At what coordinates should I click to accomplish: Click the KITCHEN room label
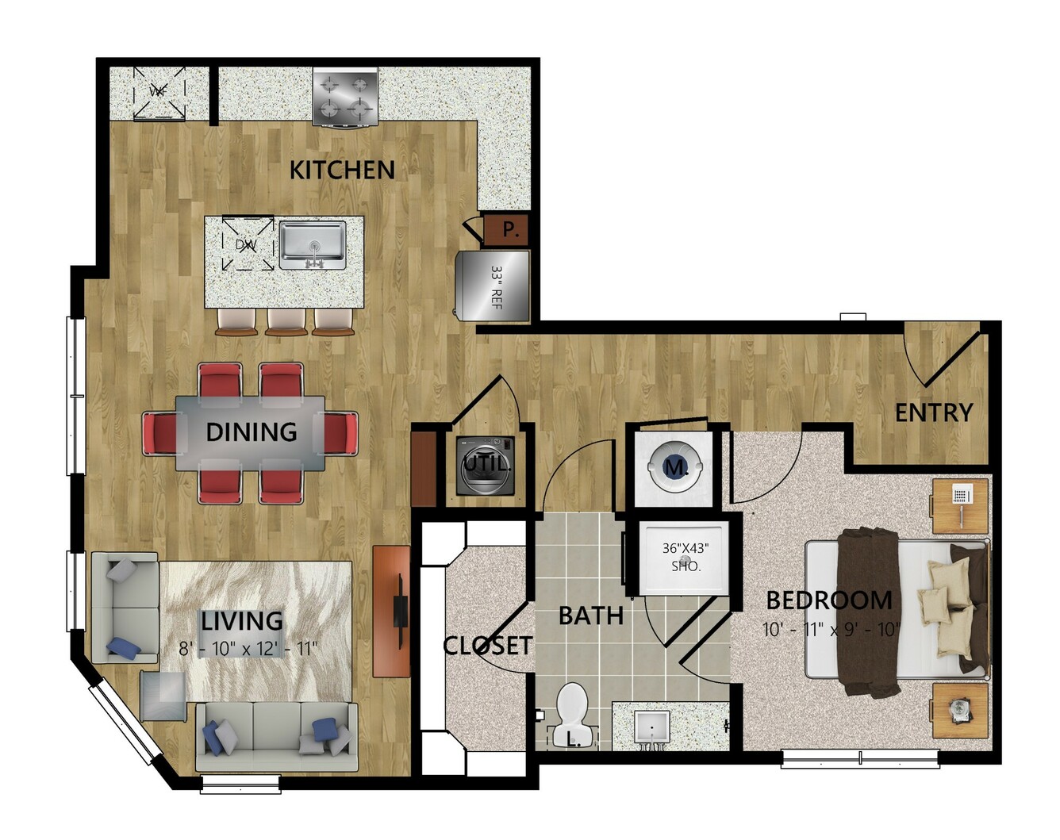(x=342, y=171)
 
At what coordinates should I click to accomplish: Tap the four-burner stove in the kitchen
(x=345, y=98)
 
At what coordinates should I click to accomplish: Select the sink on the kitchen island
(x=313, y=245)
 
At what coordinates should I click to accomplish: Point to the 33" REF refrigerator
(x=493, y=286)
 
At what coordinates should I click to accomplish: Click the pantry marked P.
(x=507, y=229)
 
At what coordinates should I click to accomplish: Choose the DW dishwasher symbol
(x=248, y=244)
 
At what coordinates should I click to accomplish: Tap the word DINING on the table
(x=252, y=432)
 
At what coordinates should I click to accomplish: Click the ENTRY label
(x=934, y=412)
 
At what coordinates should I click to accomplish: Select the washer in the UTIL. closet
(x=486, y=466)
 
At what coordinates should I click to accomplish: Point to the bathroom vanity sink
(x=651, y=727)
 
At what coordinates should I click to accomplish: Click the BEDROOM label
(x=829, y=600)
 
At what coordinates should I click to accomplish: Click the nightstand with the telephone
(x=959, y=506)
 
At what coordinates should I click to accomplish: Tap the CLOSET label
(x=488, y=646)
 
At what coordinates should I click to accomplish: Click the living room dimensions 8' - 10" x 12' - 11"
(x=248, y=649)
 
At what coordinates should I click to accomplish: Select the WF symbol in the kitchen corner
(x=159, y=93)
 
